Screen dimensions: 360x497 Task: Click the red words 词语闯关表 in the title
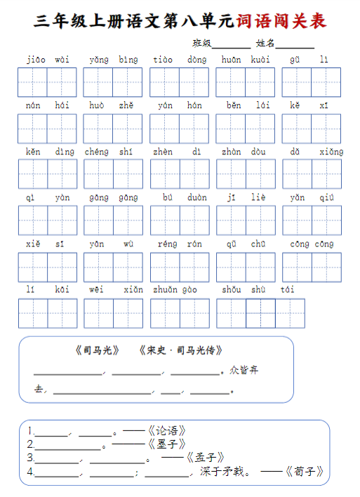point(281,21)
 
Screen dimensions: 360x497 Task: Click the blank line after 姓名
point(295,45)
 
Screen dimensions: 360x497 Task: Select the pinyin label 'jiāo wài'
point(47,60)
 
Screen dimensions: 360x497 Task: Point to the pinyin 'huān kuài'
point(245,60)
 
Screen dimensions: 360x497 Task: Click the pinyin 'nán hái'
point(47,105)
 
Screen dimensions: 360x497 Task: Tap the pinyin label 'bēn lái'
point(245,105)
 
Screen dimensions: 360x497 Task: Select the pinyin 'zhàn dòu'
point(245,152)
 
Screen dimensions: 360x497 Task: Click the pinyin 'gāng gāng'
point(112,197)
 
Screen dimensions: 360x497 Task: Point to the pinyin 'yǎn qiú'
point(311,197)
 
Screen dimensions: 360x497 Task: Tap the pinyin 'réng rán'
point(179,244)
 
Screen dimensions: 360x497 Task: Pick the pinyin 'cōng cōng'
point(311,244)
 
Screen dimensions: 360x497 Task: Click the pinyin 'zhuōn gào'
point(179,289)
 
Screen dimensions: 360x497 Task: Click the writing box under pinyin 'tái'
point(290,313)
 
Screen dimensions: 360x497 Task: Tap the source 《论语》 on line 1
point(166,430)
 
